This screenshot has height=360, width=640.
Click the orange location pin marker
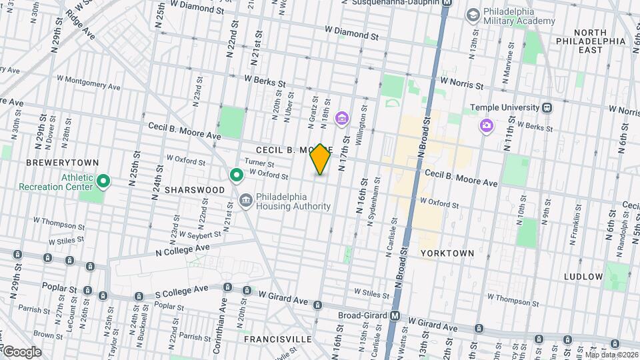320,159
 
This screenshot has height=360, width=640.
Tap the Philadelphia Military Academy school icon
473,15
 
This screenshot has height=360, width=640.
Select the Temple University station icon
547,107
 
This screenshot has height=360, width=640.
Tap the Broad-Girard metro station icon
395,316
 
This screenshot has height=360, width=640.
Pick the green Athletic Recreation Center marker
103,181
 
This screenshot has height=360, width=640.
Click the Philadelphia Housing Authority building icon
246,201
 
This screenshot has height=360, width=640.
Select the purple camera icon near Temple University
487,125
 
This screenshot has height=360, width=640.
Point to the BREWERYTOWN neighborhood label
62,163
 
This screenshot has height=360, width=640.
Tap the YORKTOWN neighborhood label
447,253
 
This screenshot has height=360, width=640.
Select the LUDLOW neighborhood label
583,276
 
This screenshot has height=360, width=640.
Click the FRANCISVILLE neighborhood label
278,339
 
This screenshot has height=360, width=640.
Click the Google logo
22,351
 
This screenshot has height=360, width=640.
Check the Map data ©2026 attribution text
610,355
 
